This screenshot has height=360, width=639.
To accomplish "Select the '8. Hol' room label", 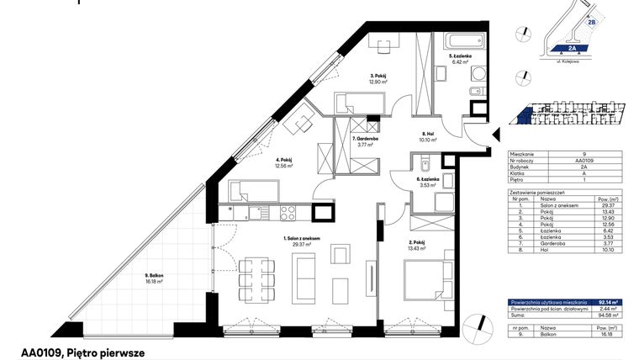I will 427,132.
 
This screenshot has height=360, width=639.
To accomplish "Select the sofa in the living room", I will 305,273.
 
